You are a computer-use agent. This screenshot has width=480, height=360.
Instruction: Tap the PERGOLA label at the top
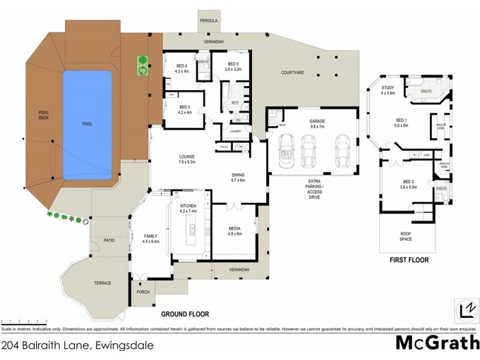(x=209, y=20)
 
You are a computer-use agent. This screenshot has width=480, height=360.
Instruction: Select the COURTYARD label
(x=293, y=73)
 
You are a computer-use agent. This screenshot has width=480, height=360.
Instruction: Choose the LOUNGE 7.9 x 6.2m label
(x=187, y=160)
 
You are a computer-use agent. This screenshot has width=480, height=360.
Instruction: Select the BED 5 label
(x=232, y=66)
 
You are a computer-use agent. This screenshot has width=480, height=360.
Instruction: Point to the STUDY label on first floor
(x=387, y=91)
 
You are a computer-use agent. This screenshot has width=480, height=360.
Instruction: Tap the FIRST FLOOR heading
(x=410, y=260)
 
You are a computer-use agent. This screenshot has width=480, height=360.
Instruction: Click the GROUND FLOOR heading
(x=185, y=314)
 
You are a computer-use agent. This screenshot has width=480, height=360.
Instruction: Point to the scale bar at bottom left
(x=24, y=322)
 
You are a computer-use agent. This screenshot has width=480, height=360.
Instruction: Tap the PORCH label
(x=143, y=292)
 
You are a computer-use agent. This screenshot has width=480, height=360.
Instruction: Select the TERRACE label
(x=102, y=283)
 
